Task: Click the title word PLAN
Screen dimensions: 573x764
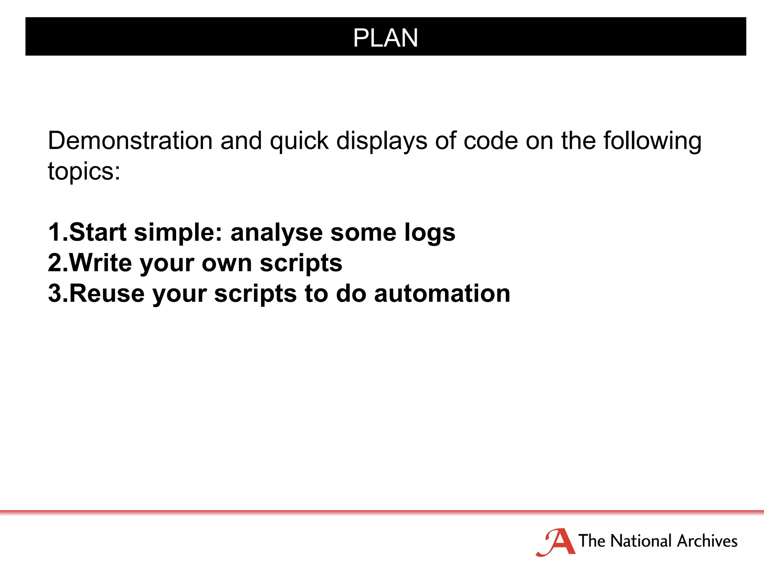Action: point(385,38)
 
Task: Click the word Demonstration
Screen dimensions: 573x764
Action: point(130,141)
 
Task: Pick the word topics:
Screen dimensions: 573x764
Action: point(84,172)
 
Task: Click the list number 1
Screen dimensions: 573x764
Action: point(55,232)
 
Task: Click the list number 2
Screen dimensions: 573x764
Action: point(55,263)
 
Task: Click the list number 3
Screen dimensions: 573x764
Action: point(55,293)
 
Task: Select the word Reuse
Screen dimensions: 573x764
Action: point(107,293)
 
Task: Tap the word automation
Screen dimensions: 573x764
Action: point(442,293)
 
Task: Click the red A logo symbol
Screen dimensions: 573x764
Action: point(557,542)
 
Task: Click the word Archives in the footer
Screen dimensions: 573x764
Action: point(707,541)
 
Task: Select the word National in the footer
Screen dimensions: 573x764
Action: point(641,541)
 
